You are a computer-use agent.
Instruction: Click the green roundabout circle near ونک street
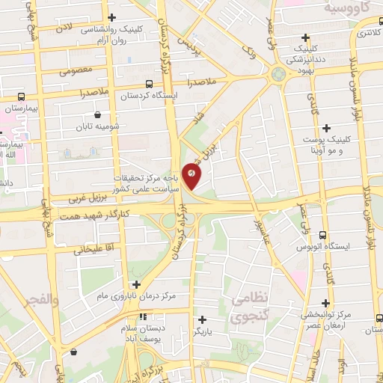[x=279, y=75]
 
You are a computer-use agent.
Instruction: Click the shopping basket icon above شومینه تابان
[x=98, y=114]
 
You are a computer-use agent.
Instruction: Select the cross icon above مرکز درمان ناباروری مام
[x=136, y=284]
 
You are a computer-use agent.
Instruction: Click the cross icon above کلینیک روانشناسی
[x=112, y=17]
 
